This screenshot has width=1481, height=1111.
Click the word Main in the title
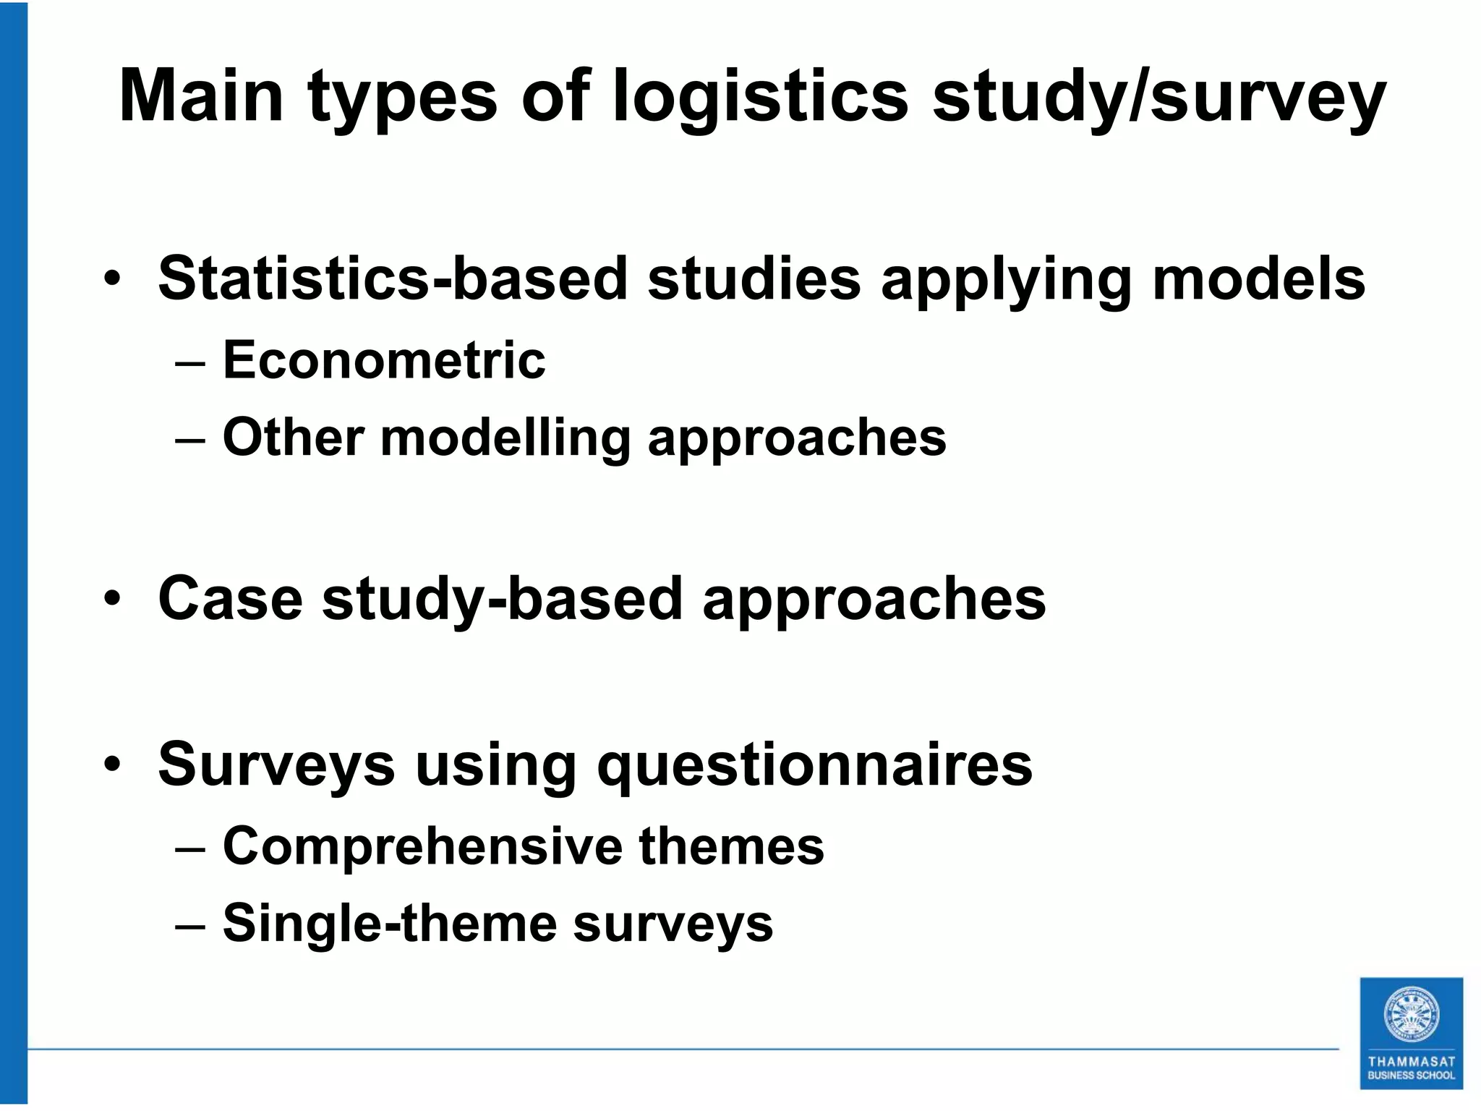201,95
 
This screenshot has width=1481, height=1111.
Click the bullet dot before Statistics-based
112,278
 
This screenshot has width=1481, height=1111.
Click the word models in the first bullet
1258,278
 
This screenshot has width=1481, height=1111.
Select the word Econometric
384,359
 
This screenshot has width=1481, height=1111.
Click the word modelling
505,438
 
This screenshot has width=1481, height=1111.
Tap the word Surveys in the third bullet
276,765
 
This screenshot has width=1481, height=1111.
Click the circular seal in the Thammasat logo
1411,1016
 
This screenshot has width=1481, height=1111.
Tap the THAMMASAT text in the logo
1411,1062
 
